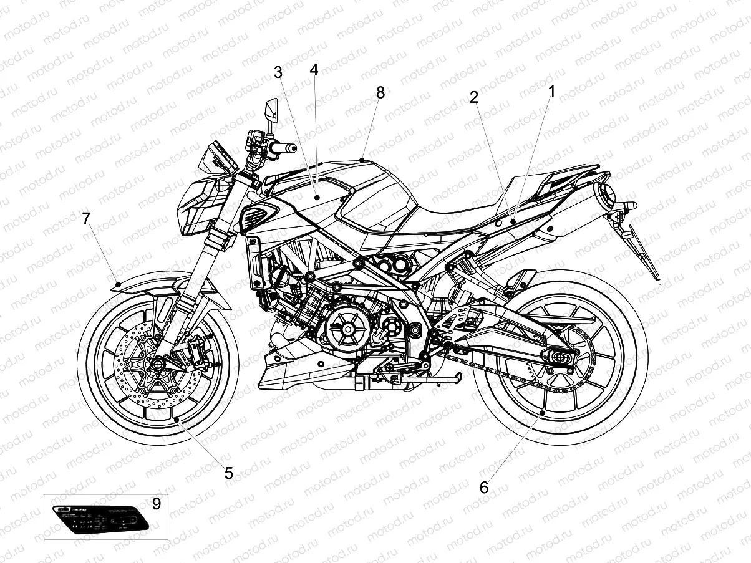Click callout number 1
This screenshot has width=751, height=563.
(551, 92)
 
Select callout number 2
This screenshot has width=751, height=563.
(474, 97)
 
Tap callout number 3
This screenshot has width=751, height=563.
(278, 72)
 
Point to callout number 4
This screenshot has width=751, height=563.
(314, 70)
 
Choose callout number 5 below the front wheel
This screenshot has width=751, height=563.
(229, 473)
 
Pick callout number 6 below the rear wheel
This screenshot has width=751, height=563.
(484, 488)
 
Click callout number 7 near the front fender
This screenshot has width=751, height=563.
(86, 219)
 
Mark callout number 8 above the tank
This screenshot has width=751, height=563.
(380, 92)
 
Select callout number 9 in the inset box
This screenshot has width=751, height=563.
(156, 503)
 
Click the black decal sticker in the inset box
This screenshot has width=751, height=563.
(100, 518)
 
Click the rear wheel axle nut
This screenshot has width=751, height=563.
(560, 359)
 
